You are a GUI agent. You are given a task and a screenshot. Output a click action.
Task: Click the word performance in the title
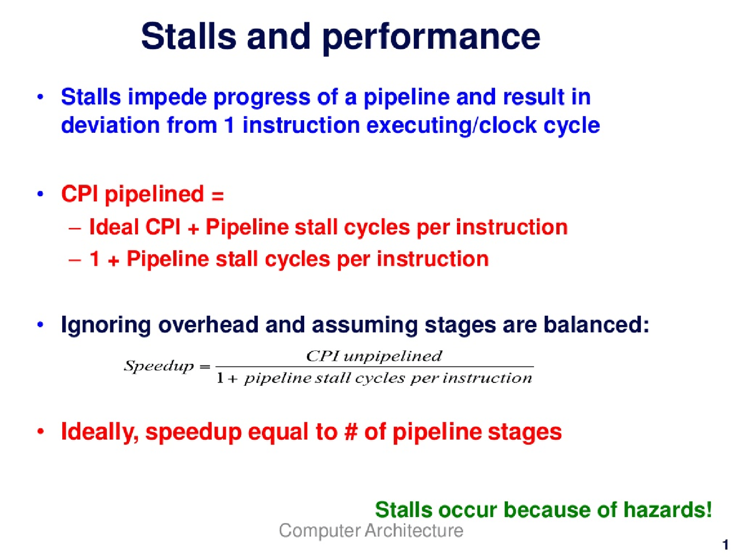[x=431, y=37]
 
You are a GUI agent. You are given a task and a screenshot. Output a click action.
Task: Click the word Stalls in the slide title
[x=189, y=36]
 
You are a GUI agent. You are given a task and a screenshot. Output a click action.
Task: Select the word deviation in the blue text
[x=110, y=125]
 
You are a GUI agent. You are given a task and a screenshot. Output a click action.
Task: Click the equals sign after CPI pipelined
[x=217, y=196]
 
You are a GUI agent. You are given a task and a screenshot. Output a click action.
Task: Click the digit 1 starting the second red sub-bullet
[x=95, y=259]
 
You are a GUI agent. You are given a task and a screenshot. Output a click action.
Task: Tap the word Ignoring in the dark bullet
[x=106, y=325]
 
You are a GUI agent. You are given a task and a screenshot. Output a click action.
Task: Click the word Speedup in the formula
[x=158, y=367]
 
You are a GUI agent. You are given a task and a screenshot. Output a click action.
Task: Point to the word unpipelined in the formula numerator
[x=392, y=356]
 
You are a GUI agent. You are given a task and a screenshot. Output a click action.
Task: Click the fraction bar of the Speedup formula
[x=375, y=367]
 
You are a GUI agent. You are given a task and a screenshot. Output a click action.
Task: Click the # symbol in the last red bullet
[x=351, y=431]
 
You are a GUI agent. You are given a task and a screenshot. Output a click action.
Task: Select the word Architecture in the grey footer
[x=414, y=530]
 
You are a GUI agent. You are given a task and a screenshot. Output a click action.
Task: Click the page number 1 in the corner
[x=726, y=545]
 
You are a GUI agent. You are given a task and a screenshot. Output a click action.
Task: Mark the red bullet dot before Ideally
[x=41, y=431]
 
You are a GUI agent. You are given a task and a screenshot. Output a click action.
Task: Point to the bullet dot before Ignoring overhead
[x=41, y=325]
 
